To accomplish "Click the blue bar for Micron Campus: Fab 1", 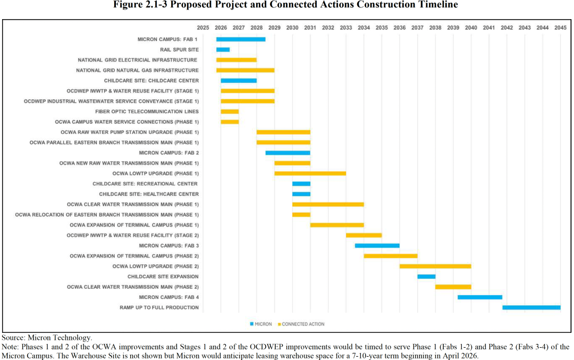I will coord(241,39).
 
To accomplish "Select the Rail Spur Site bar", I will coord(223,49).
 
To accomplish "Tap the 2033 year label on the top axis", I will coord(345,27).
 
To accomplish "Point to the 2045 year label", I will coord(560,27).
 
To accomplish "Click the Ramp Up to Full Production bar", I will coord(531,307).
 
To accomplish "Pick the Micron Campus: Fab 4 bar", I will coord(480,297).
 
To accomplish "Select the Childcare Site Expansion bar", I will coord(426,277).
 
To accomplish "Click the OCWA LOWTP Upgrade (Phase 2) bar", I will coord(435,266).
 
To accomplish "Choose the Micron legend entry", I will coord(263,324).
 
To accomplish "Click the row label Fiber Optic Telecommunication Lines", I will coord(147,112).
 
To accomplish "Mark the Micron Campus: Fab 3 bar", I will coord(377,246).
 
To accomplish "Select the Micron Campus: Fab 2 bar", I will coord(288,153).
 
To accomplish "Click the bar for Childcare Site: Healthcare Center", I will coord(301,194).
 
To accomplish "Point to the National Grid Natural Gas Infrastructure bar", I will coord(245,70).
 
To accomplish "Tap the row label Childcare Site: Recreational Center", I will coord(145,184).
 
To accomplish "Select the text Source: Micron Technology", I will coord(47,338).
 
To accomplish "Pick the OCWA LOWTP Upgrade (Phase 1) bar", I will coord(310,173).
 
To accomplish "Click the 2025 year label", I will coord(202,27).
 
